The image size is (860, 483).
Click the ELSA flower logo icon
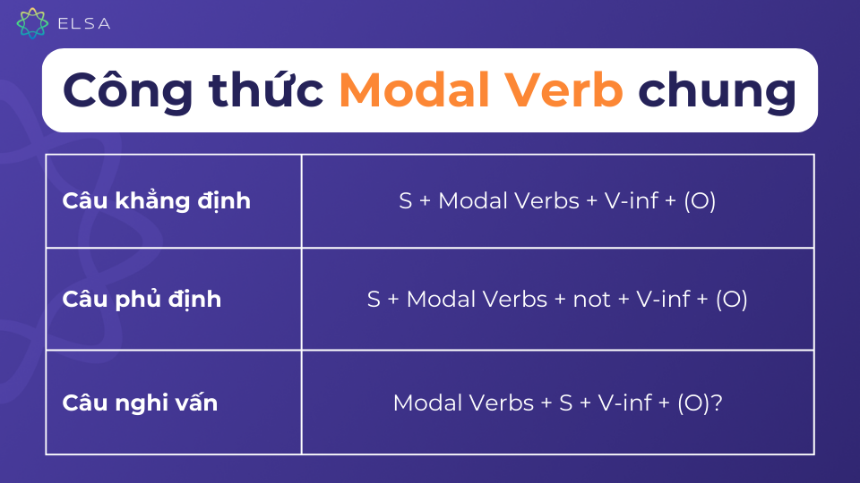(32, 23)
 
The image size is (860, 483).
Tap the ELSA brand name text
(84, 23)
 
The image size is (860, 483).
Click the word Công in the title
(128, 89)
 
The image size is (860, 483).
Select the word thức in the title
(266, 88)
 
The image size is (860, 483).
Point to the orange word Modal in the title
(415, 89)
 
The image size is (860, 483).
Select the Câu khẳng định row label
(156, 201)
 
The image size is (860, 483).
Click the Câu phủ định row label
(142, 300)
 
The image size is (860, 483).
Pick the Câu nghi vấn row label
(140, 402)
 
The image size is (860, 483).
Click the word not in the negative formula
(592, 300)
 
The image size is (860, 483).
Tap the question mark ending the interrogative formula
(717, 402)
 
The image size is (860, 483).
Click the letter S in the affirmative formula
(405, 201)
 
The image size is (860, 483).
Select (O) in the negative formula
(732, 300)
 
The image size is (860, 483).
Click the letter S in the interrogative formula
(566, 402)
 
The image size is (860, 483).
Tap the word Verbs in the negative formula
(516, 300)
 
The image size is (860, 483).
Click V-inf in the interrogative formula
(624, 402)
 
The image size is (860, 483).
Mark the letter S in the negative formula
(374, 300)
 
